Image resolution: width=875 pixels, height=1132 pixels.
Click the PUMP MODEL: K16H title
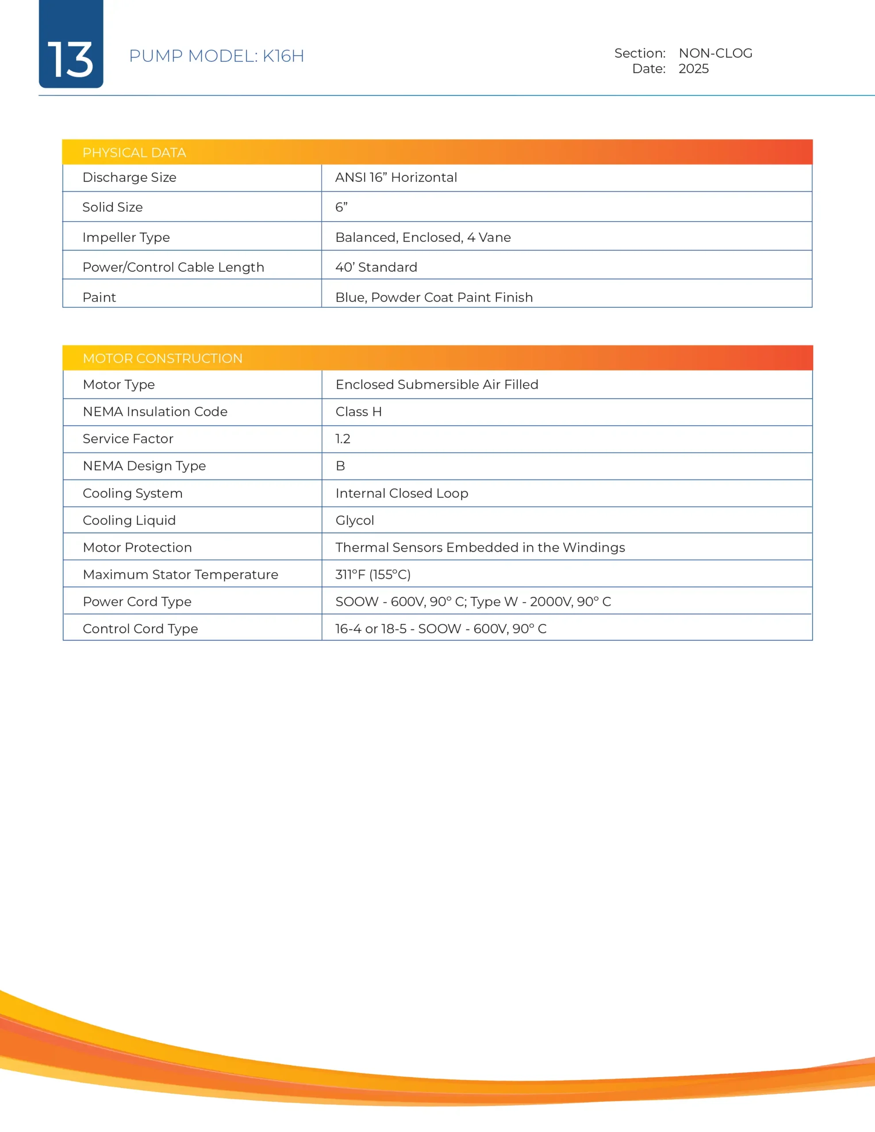tap(216, 56)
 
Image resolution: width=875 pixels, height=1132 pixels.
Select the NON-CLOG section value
tap(715, 54)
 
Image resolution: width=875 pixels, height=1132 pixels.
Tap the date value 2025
tap(694, 69)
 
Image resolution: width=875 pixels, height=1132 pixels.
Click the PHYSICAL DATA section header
tap(134, 153)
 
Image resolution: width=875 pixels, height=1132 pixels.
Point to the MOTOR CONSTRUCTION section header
tap(162, 358)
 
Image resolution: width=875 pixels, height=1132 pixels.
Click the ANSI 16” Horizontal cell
tap(396, 177)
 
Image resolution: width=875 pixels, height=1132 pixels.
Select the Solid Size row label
tap(112, 207)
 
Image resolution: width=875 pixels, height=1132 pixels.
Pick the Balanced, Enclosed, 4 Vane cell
tap(423, 237)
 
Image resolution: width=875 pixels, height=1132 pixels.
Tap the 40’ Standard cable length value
tap(376, 267)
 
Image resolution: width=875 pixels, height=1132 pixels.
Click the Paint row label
tap(99, 297)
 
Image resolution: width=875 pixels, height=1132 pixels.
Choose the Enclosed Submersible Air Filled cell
tap(437, 385)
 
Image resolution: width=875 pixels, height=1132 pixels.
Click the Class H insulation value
tap(358, 412)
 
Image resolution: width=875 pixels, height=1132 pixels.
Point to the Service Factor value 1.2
tap(343, 439)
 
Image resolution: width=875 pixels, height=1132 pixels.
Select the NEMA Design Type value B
tap(340, 466)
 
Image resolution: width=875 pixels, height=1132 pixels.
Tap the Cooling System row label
tap(132, 493)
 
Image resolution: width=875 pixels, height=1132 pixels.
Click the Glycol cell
tap(355, 520)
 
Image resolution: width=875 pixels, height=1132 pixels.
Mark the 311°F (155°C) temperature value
tap(373, 574)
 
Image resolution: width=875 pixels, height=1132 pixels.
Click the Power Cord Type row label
tap(137, 601)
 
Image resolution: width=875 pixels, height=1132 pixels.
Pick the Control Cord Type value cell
tap(441, 629)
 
